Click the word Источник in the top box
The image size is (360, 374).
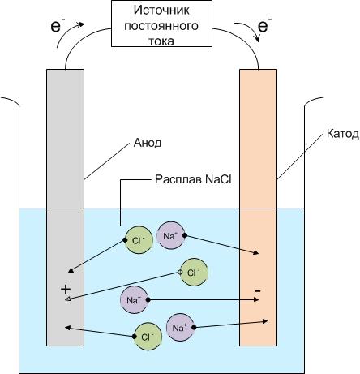pos(161,11)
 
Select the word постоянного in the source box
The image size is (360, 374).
pos(161,26)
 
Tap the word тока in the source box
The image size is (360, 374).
pos(161,41)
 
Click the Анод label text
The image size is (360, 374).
pos(148,143)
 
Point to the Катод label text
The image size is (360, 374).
pos(343,134)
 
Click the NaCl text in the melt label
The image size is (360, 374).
pos(218,179)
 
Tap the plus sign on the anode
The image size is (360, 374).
pos(66,290)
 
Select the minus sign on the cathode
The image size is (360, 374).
pos(258,291)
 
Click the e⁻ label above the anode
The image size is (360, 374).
pos(58,26)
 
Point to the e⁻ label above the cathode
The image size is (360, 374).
pos(264,25)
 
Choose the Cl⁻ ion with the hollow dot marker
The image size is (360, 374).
pos(194,273)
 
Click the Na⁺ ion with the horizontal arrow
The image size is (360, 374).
pos(135,299)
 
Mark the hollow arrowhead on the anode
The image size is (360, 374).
pos(68,299)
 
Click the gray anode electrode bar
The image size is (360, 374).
pos(65,208)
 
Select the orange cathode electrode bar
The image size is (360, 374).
pos(258,208)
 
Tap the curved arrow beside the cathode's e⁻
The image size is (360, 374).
pos(251,28)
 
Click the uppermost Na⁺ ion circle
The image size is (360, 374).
pos(171,235)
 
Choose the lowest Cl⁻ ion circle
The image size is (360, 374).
pos(148,337)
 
